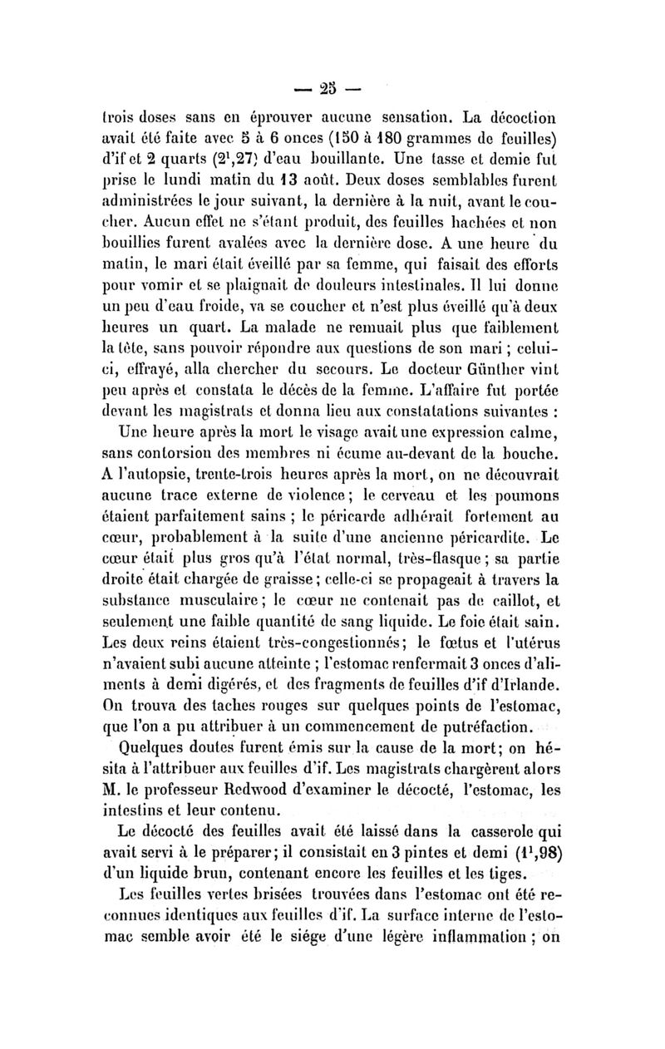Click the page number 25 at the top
coord(332,86)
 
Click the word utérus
coord(531,636)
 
